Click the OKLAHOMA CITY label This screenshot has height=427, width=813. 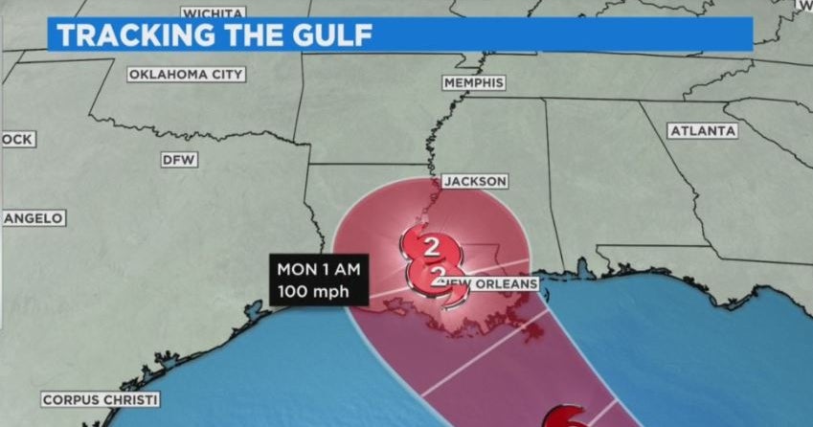pyautogui.click(x=186, y=75)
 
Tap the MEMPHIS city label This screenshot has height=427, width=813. pyautogui.click(x=473, y=83)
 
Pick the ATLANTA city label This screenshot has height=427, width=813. pyautogui.click(x=703, y=131)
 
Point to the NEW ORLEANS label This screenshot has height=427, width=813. pyautogui.click(x=486, y=284)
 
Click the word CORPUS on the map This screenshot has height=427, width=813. pyautogui.click(x=73, y=399)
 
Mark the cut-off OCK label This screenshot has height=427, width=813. pyautogui.click(x=17, y=140)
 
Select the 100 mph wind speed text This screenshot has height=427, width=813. pyautogui.click(x=312, y=291)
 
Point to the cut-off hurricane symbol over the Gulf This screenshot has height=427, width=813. pyautogui.click(x=566, y=417)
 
